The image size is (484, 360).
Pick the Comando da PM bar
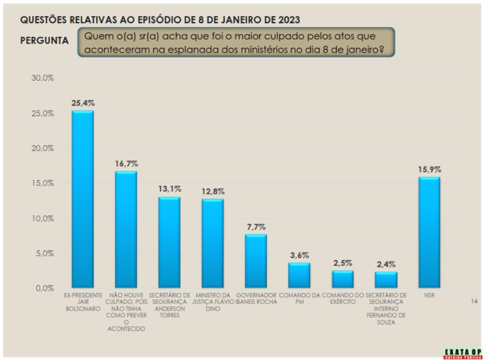(299, 275)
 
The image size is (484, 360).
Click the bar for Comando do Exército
(343, 279)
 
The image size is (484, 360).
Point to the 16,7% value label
(126, 163)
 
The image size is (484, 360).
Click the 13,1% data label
(169, 189)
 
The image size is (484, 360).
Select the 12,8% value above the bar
(213, 191)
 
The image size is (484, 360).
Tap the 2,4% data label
(386, 264)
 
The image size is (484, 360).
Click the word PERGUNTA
(44, 41)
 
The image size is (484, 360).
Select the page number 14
(474, 301)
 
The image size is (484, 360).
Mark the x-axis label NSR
(429, 296)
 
